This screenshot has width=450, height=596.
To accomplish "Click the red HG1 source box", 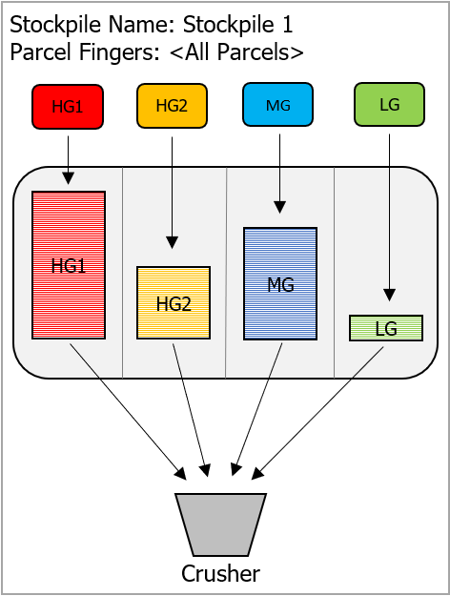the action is point(68,107).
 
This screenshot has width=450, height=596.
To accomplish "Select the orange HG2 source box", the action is point(173,106).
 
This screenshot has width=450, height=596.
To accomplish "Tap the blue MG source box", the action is point(277,105).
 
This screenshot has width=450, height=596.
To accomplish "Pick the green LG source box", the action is point(390,104).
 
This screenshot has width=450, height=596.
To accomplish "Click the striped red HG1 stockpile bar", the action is point(69,265).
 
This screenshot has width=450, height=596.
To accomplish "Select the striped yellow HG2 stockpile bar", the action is point(174,302).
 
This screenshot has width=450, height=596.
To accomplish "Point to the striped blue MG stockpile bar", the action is point(280,283).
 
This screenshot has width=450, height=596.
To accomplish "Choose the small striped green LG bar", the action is point(386,328).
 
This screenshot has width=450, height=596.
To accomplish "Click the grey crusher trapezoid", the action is point(221,524).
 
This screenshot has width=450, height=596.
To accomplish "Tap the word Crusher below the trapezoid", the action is point(221,573).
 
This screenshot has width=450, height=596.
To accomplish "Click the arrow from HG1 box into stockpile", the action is point(69,160).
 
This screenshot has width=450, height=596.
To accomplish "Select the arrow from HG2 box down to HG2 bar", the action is point(173,193).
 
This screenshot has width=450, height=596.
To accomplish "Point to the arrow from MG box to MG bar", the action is point(279,174).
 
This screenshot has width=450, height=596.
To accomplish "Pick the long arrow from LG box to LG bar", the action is point(389,217).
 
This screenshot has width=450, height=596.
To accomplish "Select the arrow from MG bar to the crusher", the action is point(256,409).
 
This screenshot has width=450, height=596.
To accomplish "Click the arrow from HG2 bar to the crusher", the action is point(191,410).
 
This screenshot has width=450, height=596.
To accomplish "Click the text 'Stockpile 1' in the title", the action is point(238,25).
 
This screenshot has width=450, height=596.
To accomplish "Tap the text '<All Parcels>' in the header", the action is point(236,52).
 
